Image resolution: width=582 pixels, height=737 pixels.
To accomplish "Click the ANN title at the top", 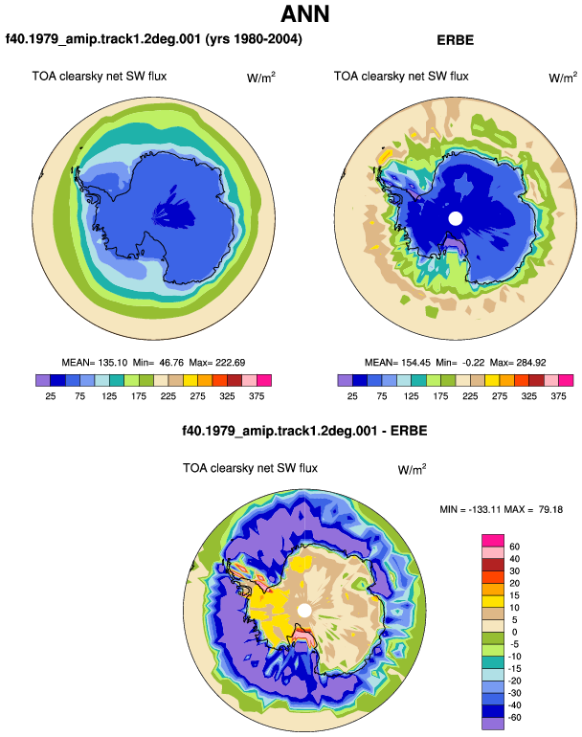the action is point(305,14).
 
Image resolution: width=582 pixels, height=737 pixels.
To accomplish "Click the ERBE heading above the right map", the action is point(455,40).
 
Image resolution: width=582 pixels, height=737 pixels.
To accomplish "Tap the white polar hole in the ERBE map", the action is point(456,218).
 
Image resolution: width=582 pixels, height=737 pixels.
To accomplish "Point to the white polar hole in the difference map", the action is point(304,611).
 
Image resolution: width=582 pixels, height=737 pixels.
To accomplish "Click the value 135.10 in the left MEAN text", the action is point(112,363).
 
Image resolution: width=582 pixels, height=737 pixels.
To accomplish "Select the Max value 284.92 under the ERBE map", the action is point(530,363).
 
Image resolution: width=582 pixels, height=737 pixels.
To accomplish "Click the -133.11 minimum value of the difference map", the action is point(486,509).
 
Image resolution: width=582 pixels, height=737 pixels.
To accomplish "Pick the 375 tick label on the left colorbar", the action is point(257,396).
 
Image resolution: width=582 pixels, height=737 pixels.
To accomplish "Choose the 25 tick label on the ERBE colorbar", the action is point(352,396).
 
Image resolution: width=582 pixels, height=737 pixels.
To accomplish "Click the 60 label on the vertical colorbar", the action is point(514,547).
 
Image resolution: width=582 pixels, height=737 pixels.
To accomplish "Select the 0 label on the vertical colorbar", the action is point(514,632).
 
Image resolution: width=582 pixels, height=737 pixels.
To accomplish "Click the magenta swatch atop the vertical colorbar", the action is point(493,541).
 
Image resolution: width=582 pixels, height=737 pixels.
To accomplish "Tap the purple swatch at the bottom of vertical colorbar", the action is point(493,724).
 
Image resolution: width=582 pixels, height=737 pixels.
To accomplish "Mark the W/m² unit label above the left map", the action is point(261,78).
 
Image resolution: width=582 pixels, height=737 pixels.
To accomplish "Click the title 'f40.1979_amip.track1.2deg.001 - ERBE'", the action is point(304,431).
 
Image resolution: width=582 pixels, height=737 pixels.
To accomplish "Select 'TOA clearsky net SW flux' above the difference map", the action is point(250,468).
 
